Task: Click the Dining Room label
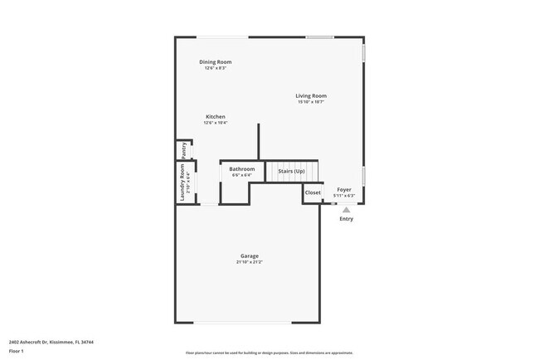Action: [215, 62]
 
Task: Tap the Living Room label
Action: [311, 96]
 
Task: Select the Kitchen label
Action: [216, 117]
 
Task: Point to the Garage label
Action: [250, 256]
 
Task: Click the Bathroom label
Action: [242, 169]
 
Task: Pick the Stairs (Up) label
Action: [291, 171]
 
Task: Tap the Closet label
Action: [313, 192]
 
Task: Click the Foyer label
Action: [343, 190]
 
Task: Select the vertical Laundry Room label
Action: [182, 181]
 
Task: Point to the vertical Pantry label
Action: [183, 150]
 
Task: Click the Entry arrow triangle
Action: [347, 210]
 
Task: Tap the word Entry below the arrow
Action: [347, 219]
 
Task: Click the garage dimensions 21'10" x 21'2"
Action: [250, 262]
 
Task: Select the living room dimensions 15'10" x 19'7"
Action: [311, 102]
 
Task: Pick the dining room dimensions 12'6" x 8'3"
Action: [215, 68]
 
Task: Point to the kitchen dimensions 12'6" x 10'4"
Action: [216, 123]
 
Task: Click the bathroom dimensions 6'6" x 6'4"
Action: [242, 175]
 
